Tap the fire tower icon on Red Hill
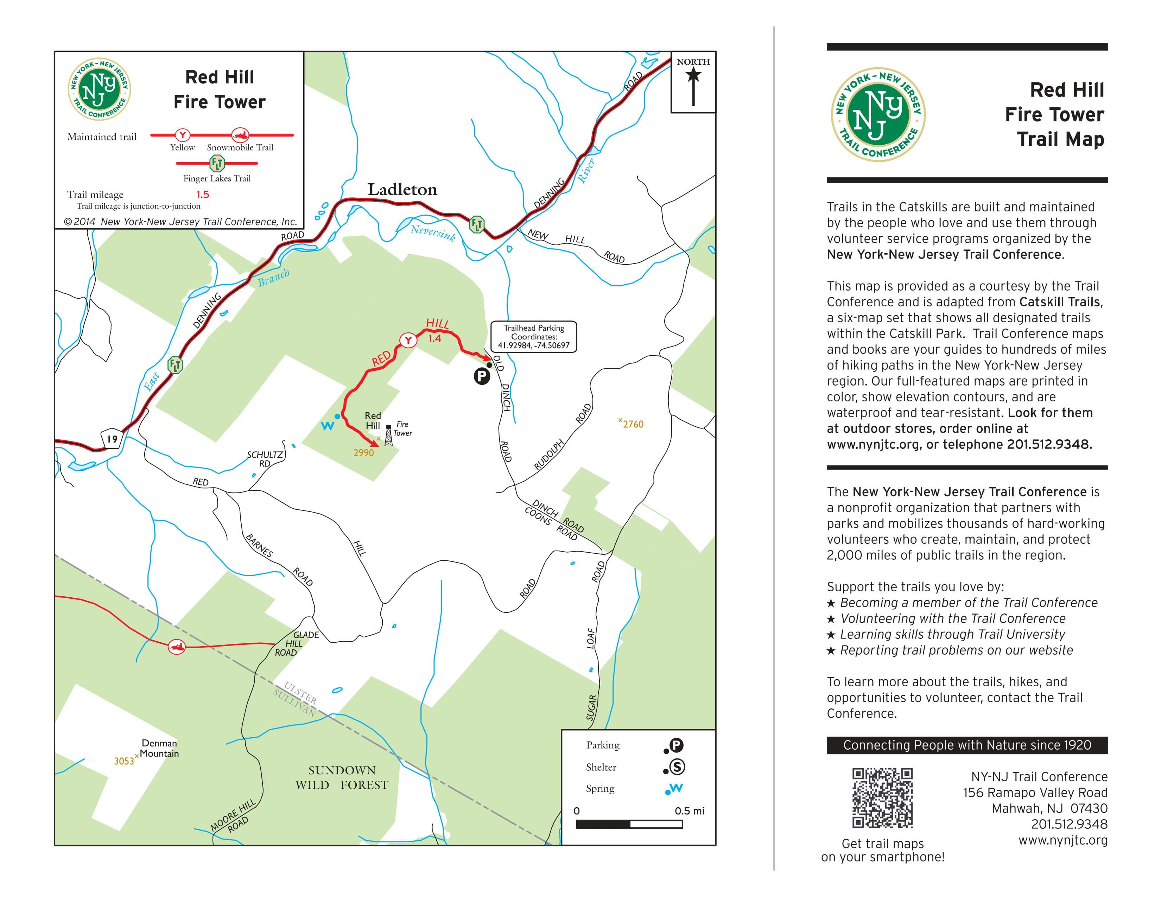pyautogui.click(x=389, y=435)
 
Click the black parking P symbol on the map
pyautogui.click(x=482, y=377)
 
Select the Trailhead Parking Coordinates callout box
pyautogui.click(x=533, y=337)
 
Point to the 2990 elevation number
pyautogui.click(x=364, y=453)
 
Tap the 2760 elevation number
pyautogui.click(x=633, y=424)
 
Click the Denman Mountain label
pyautogui.click(x=159, y=748)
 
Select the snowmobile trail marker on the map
pyautogui.click(x=177, y=647)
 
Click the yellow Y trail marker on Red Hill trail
pyautogui.click(x=408, y=340)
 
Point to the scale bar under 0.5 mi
pyautogui.click(x=629, y=824)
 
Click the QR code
pyautogui.click(x=882, y=798)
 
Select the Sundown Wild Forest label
pyautogui.click(x=342, y=777)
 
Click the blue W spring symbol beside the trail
pyautogui.click(x=328, y=425)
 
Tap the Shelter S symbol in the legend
pyautogui.click(x=677, y=767)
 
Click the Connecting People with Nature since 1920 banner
pyautogui.click(x=967, y=745)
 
